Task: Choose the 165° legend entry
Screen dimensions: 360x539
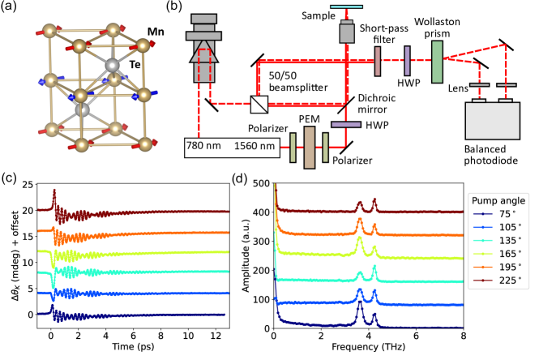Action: pos(508,257)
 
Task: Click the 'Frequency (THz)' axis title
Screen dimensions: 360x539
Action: pos(367,350)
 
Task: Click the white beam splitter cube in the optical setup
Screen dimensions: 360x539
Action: pos(259,105)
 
